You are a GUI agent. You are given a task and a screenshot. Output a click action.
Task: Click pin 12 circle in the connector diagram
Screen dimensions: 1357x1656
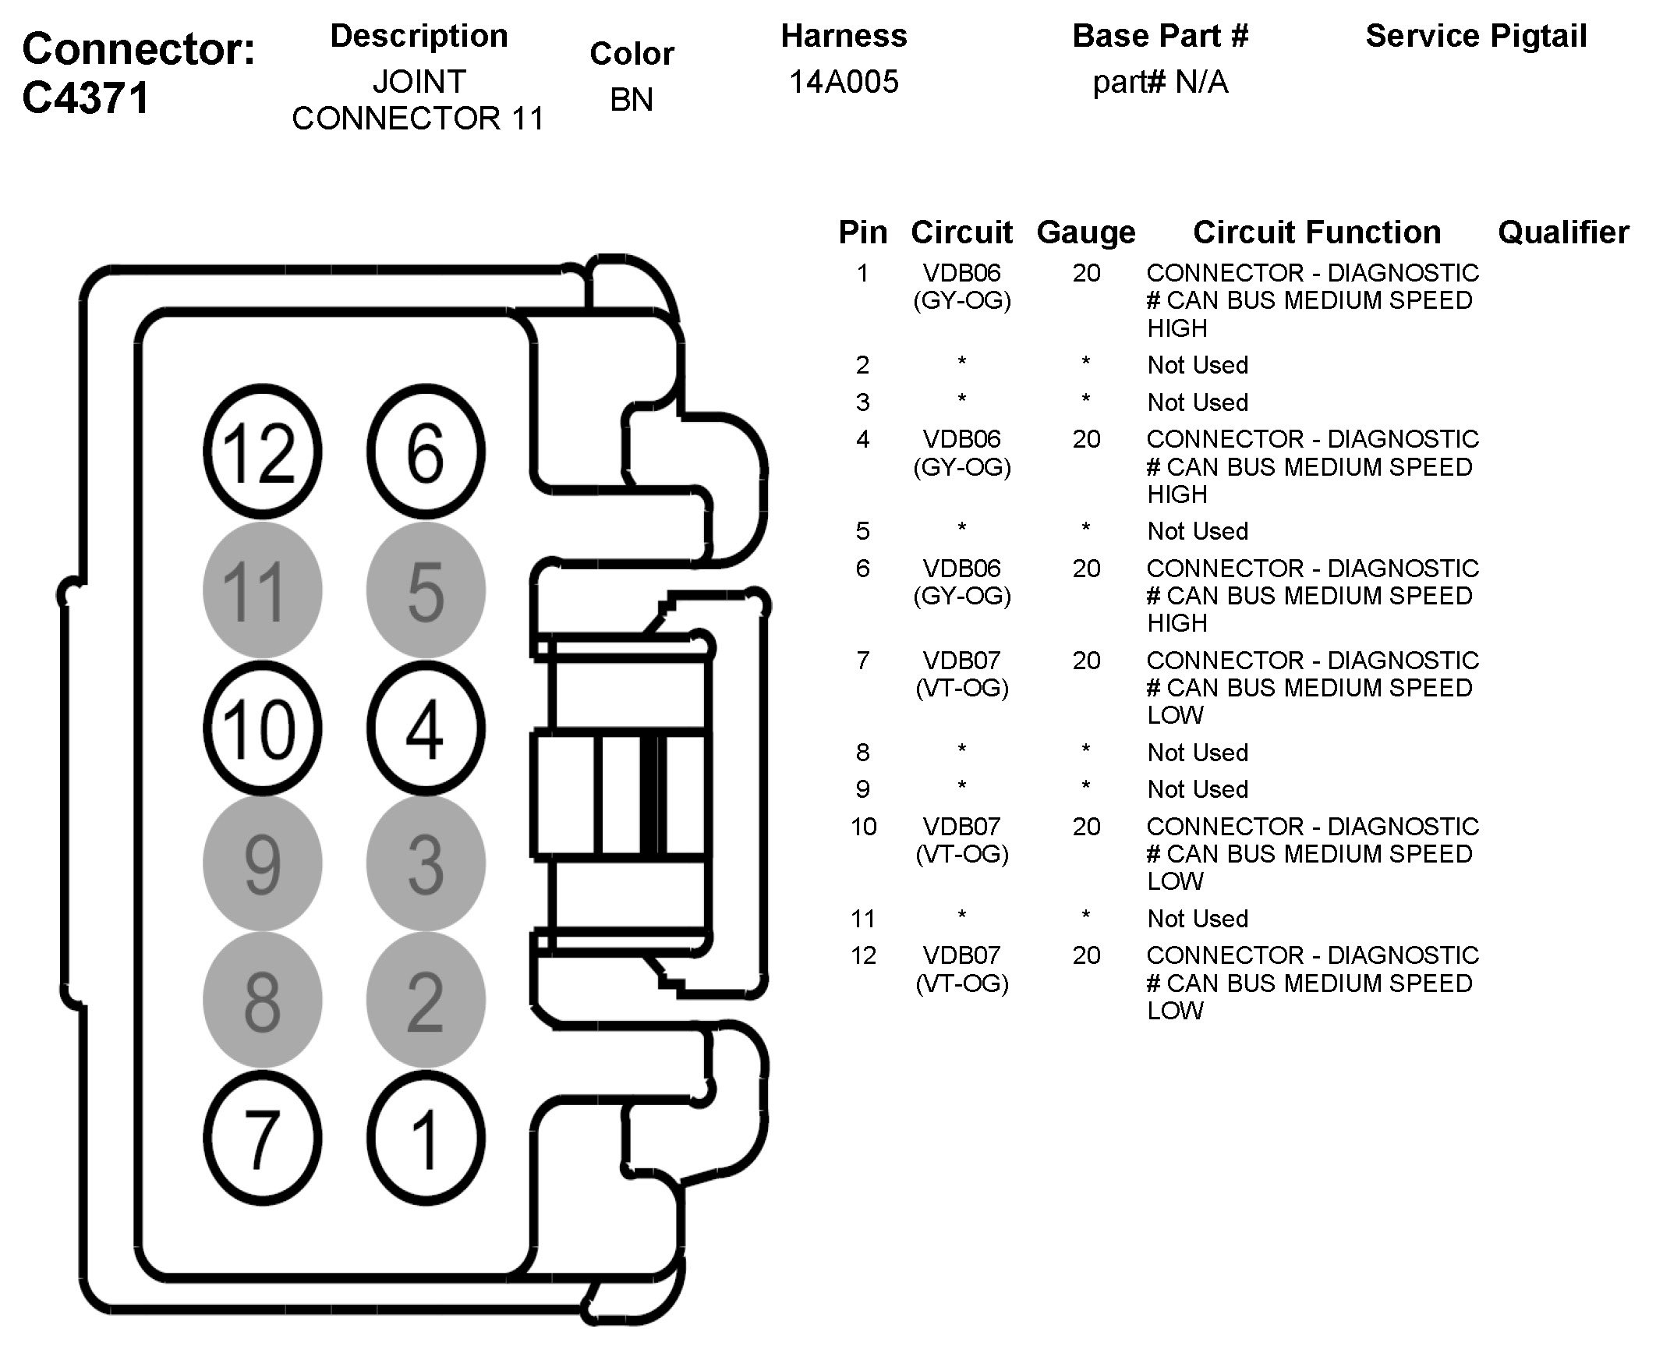coord(262,452)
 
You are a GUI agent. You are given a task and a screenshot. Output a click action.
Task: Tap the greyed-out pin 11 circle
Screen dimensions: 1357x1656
coord(262,590)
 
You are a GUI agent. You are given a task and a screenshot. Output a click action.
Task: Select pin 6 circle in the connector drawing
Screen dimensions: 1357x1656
coord(425,452)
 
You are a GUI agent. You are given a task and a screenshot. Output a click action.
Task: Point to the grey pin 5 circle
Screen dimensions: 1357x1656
coord(425,590)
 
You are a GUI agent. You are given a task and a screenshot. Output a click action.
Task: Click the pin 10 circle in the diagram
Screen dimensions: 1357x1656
coord(262,728)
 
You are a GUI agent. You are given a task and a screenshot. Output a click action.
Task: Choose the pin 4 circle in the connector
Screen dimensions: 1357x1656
coord(425,728)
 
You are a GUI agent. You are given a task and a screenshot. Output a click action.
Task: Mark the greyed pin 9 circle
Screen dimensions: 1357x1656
coord(262,863)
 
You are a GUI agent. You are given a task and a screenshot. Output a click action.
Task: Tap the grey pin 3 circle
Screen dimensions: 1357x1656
coord(425,863)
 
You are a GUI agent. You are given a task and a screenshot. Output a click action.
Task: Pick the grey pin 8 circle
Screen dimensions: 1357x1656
coord(262,1001)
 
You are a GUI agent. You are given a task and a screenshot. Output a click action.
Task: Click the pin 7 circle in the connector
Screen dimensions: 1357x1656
coord(262,1139)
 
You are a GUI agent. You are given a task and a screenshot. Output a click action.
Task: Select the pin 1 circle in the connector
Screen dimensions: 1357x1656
coord(425,1139)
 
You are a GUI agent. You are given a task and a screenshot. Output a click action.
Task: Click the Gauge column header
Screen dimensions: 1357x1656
coord(1085,232)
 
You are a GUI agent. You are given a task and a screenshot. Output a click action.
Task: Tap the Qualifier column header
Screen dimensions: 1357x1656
coord(1563,232)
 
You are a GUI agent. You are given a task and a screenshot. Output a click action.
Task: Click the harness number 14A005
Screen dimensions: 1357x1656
coord(844,81)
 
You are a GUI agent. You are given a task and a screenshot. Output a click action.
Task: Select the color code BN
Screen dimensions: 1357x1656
coord(632,99)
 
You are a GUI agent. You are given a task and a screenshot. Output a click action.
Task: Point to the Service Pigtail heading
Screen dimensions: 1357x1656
coord(1475,36)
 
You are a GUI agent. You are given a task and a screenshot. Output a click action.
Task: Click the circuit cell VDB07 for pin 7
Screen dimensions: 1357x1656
coord(961,661)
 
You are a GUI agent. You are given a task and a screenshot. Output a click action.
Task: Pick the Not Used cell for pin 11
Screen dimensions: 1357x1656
coord(1198,919)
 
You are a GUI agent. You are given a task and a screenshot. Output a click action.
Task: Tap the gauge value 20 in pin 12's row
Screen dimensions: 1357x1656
coord(1086,955)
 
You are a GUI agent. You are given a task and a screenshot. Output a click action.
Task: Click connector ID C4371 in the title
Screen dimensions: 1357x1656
coord(86,98)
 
